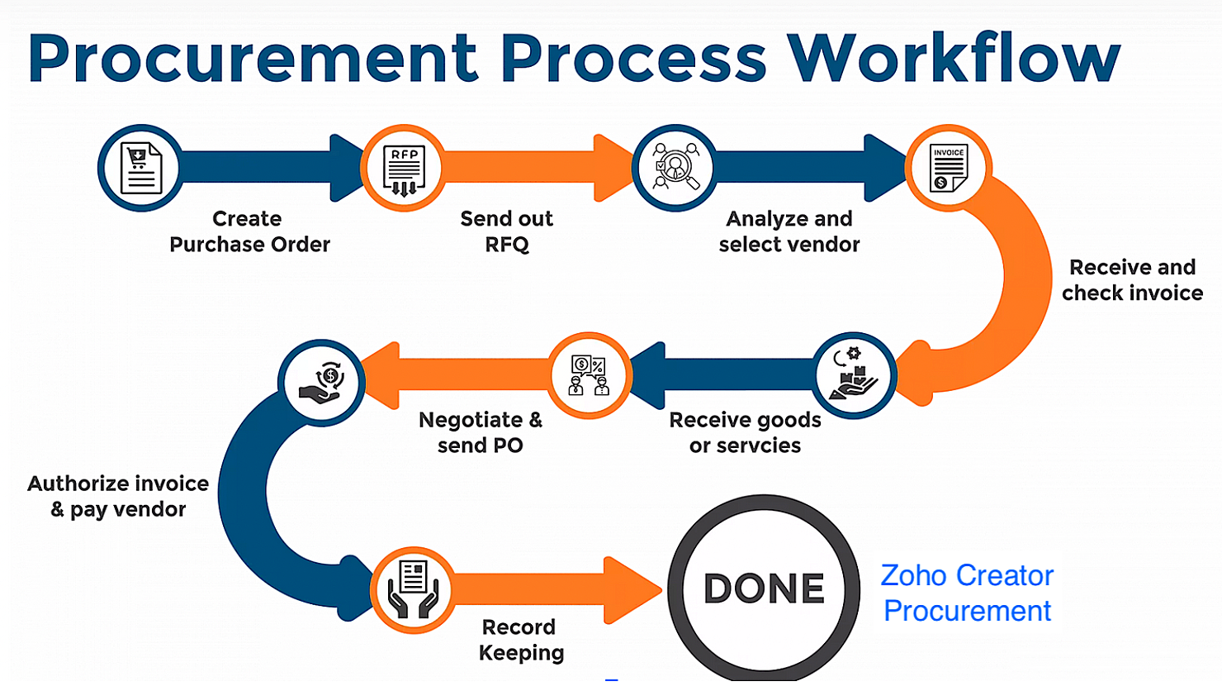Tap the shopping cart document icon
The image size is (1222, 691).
pyautogui.click(x=140, y=168)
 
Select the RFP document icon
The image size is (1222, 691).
pyautogui.click(x=404, y=168)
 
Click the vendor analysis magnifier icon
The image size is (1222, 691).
pyautogui.click(x=675, y=168)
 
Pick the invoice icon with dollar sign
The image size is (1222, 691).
pyautogui.click(x=948, y=168)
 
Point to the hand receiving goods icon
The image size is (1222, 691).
pyautogui.click(x=855, y=376)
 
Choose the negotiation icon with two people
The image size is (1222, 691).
pyautogui.click(x=590, y=375)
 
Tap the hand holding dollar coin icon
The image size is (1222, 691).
pyautogui.click(x=322, y=383)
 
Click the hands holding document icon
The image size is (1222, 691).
pyautogui.click(x=413, y=589)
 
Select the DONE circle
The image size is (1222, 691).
pyautogui.click(x=764, y=589)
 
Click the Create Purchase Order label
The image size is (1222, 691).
pyautogui.click(x=249, y=231)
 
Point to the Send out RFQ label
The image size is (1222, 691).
pyautogui.click(x=506, y=231)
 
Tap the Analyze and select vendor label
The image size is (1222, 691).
pyautogui.click(x=789, y=231)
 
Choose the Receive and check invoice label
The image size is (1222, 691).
pyautogui.click(x=1132, y=280)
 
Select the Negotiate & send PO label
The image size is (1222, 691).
pyautogui.click(x=481, y=432)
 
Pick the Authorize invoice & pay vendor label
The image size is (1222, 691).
pyautogui.click(x=118, y=496)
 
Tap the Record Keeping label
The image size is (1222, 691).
pyautogui.click(x=520, y=640)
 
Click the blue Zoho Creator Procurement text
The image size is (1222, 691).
pyautogui.click(x=967, y=593)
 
